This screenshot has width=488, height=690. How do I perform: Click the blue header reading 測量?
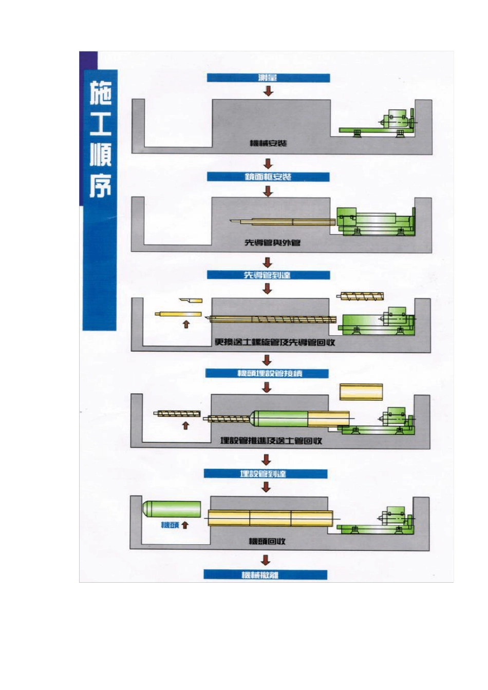[268, 78]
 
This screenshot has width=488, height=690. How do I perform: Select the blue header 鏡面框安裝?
[268, 177]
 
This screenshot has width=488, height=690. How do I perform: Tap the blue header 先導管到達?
[268, 275]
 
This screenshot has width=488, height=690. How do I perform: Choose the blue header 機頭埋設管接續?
[267, 373]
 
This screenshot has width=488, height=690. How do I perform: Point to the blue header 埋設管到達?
[265, 473]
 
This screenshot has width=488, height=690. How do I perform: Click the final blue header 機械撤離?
[265, 575]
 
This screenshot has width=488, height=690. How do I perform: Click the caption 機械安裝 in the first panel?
[268, 143]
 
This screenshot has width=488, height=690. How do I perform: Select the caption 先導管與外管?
[272, 242]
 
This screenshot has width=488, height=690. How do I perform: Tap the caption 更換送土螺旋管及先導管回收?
[274, 342]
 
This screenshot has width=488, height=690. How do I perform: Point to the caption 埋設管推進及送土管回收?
[271, 440]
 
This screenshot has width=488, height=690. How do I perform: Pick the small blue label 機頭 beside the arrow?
[169, 525]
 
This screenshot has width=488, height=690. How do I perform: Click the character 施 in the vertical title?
[101, 93]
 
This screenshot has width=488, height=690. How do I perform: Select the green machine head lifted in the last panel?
[171, 509]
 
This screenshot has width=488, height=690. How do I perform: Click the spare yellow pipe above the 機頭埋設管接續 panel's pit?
[361, 392]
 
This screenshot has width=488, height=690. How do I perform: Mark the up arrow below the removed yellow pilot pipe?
[186, 324]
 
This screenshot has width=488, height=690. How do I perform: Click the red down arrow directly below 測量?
[268, 91]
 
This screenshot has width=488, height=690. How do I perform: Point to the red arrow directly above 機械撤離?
[266, 560]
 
